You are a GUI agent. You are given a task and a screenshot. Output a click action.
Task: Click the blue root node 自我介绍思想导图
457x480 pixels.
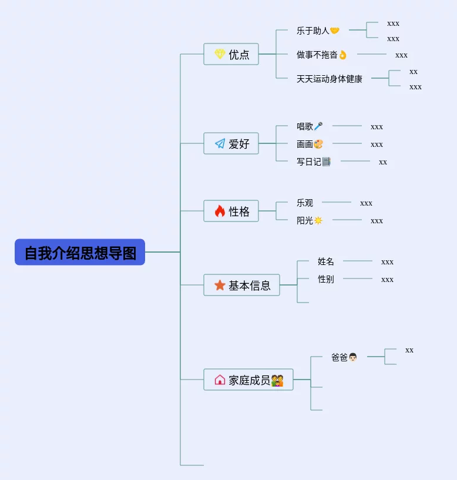80,252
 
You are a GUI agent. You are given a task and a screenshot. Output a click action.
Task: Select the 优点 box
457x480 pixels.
231,54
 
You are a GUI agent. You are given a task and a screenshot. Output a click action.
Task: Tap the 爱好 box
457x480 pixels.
231,143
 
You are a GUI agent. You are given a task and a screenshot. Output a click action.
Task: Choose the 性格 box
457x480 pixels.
231,211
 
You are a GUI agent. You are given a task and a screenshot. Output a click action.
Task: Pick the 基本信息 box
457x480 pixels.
242,285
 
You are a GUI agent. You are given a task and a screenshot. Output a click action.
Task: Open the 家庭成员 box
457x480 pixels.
248,380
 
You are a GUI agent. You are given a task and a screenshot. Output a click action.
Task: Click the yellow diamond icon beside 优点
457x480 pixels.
220,54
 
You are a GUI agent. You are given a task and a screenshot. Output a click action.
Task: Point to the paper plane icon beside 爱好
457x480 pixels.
220,143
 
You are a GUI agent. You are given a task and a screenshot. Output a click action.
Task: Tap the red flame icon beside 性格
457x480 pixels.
220,211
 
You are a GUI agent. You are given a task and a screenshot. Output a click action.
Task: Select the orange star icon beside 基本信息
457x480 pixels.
220,285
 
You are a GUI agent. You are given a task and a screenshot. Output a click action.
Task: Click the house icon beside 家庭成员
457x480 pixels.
220,380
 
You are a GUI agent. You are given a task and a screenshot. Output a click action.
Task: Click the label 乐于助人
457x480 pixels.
313,31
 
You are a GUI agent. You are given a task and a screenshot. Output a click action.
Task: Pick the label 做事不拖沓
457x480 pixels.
317,55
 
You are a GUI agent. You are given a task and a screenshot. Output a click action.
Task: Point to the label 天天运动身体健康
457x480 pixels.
330,79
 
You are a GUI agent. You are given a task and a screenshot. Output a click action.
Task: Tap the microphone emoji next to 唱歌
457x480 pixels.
318,126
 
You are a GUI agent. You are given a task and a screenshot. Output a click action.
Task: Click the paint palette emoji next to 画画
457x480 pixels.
318,144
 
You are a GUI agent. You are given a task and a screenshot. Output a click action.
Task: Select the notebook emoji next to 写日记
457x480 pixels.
327,162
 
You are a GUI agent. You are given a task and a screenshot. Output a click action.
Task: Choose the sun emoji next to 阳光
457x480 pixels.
318,220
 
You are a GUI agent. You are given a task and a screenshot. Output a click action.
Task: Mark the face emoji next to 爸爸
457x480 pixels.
353,357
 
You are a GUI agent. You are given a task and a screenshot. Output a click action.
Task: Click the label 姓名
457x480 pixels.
325,261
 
